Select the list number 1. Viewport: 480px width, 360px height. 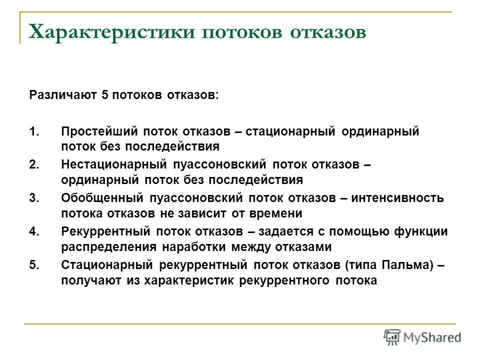coord(33,132)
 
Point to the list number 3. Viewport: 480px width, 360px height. coord(33,198)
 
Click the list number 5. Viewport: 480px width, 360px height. coord(33,265)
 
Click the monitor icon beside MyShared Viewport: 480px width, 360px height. coord(392,337)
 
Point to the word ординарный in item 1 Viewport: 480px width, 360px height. coord(380,132)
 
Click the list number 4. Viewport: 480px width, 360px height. coord(33,231)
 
